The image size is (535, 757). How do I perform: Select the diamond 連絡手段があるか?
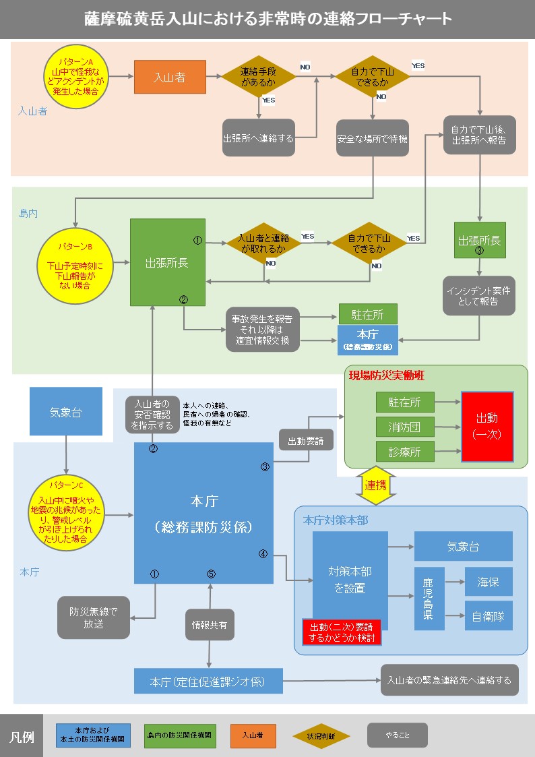pyautogui.click(x=259, y=78)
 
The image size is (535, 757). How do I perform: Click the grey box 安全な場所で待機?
pyautogui.click(x=373, y=139)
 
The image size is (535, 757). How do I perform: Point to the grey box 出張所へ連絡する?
pyautogui.click(x=259, y=138)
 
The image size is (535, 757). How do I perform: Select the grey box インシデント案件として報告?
pyautogui.click(x=478, y=296)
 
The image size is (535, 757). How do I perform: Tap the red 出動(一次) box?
pyautogui.click(x=486, y=427)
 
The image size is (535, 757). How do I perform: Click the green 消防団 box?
pyautogui.click(x=404, y=427)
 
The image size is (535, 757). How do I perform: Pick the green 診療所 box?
pyautogui.click(x=404, y=452)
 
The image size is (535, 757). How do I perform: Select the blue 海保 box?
pyautogui.click(x=489, y=582)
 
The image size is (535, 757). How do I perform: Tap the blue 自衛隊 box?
pyautogui.click(x=489, y=615)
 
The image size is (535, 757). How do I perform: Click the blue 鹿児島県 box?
pyautogui.click(x=429, y=599)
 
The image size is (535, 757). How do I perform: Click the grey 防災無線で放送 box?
pyautogui.click(x=93, y=617)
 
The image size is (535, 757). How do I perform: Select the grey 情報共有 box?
pyautogui.click(x=210, y=625)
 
